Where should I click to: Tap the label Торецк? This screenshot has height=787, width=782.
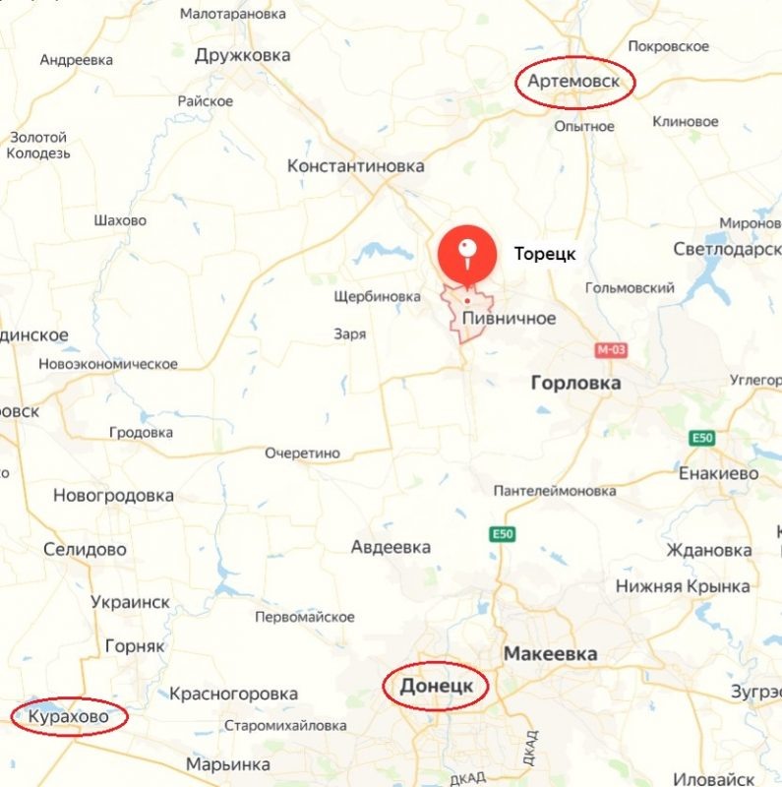click(x=545, y=254)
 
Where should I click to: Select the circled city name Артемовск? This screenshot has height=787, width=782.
click(x=574, y=81)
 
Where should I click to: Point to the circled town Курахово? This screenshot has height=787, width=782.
click(x=68, y=716)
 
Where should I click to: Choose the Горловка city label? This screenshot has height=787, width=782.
click(x=575, y=383)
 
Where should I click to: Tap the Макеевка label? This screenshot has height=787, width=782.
click(x=550, y=653)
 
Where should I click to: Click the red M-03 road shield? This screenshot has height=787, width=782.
click(x=611, y=350)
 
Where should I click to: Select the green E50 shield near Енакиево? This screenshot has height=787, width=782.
click(x=700, y=438)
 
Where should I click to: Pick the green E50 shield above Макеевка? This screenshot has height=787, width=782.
click(x=503, y=534)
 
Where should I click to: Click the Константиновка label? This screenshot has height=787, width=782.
click(x=356, y=166)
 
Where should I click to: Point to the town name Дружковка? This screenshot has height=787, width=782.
click(x=242, y=55)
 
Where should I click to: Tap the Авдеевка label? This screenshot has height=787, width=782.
click(x=391, y=547)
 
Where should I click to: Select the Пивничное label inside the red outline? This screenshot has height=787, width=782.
click(x=510, y=318)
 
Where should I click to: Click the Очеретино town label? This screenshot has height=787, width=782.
click(x=302, y=453)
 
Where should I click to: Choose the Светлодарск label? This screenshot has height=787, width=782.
click(x=726, y=249)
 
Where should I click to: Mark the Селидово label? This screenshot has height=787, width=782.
click(x=86, y=549)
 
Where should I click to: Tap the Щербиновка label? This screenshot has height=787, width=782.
click(x=378, y=295)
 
